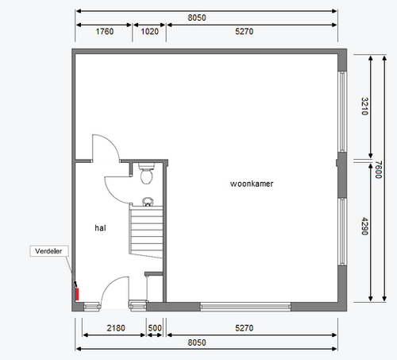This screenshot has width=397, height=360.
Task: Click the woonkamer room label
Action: (x=252, y=184)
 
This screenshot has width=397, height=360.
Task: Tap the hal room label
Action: (x=100, y=228)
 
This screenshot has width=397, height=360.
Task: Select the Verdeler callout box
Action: (x=49, y=251)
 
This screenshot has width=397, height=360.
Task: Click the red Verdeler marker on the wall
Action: (x=77, y=294)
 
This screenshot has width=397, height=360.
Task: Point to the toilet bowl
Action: (x=146, y=174)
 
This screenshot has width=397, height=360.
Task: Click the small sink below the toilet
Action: (x=148, y=202)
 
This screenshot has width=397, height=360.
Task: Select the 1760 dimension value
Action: (x=105, y=32)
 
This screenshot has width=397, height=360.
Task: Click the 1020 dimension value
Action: (x=149, y=32)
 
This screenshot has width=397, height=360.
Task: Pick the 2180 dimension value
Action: (x=116, y=328)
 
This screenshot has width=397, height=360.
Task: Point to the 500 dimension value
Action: (x=155, y=328)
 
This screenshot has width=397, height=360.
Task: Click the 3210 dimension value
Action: (x=364, y=106)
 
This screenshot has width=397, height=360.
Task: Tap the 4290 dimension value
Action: (x=364, y=226)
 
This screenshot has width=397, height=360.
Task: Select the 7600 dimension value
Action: (x=379, y=169)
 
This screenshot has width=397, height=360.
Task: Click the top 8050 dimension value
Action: (x=197, y=17)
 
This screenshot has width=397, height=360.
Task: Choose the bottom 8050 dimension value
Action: (x=197, y=343)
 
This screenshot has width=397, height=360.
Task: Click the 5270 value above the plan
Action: (x=244, y=32)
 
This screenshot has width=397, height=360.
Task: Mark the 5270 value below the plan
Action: (x=244, y=328)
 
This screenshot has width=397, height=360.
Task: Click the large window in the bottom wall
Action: (x=245, y=307)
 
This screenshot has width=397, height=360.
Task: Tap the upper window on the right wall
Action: (x=342, y=111)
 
